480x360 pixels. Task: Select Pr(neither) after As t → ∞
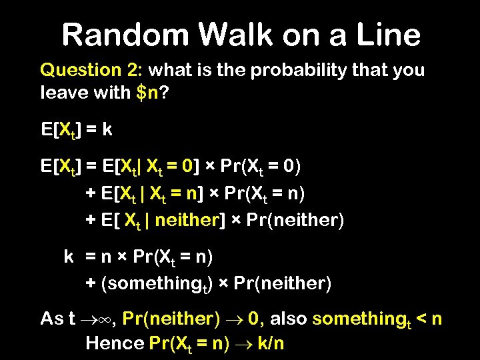172,319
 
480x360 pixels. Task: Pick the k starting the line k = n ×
69,256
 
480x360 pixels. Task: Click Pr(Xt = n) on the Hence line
189,343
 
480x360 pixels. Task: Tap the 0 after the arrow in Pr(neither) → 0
253,319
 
